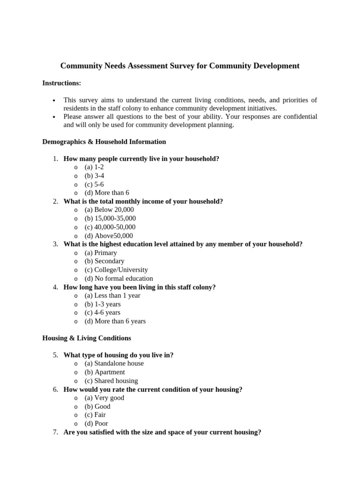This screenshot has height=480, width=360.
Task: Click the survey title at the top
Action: point(180,66)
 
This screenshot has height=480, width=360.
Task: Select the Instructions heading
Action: point(61,83)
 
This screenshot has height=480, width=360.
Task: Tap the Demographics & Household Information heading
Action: point(104,142)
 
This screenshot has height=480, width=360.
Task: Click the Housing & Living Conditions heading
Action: point(87,338)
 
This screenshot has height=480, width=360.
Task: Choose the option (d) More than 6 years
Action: point(115,321)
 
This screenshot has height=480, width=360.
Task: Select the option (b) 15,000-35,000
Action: point(110,218)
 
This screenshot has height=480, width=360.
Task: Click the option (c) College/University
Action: point(116,270)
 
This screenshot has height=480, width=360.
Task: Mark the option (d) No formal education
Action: point(119,278)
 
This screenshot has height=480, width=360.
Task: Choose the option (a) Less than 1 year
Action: point(112,295)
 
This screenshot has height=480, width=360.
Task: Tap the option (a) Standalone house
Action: point(114,363)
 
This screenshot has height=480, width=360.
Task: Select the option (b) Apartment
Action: point(105,372)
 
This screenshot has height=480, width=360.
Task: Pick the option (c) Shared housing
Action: point(111,381)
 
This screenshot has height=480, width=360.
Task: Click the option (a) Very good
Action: point(104,397)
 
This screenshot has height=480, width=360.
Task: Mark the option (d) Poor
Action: point(96,423)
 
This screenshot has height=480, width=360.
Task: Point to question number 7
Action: point(55,432)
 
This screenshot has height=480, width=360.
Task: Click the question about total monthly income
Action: point(143,201)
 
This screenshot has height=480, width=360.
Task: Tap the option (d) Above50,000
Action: point(108,236)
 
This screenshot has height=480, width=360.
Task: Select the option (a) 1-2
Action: point(94,167)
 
